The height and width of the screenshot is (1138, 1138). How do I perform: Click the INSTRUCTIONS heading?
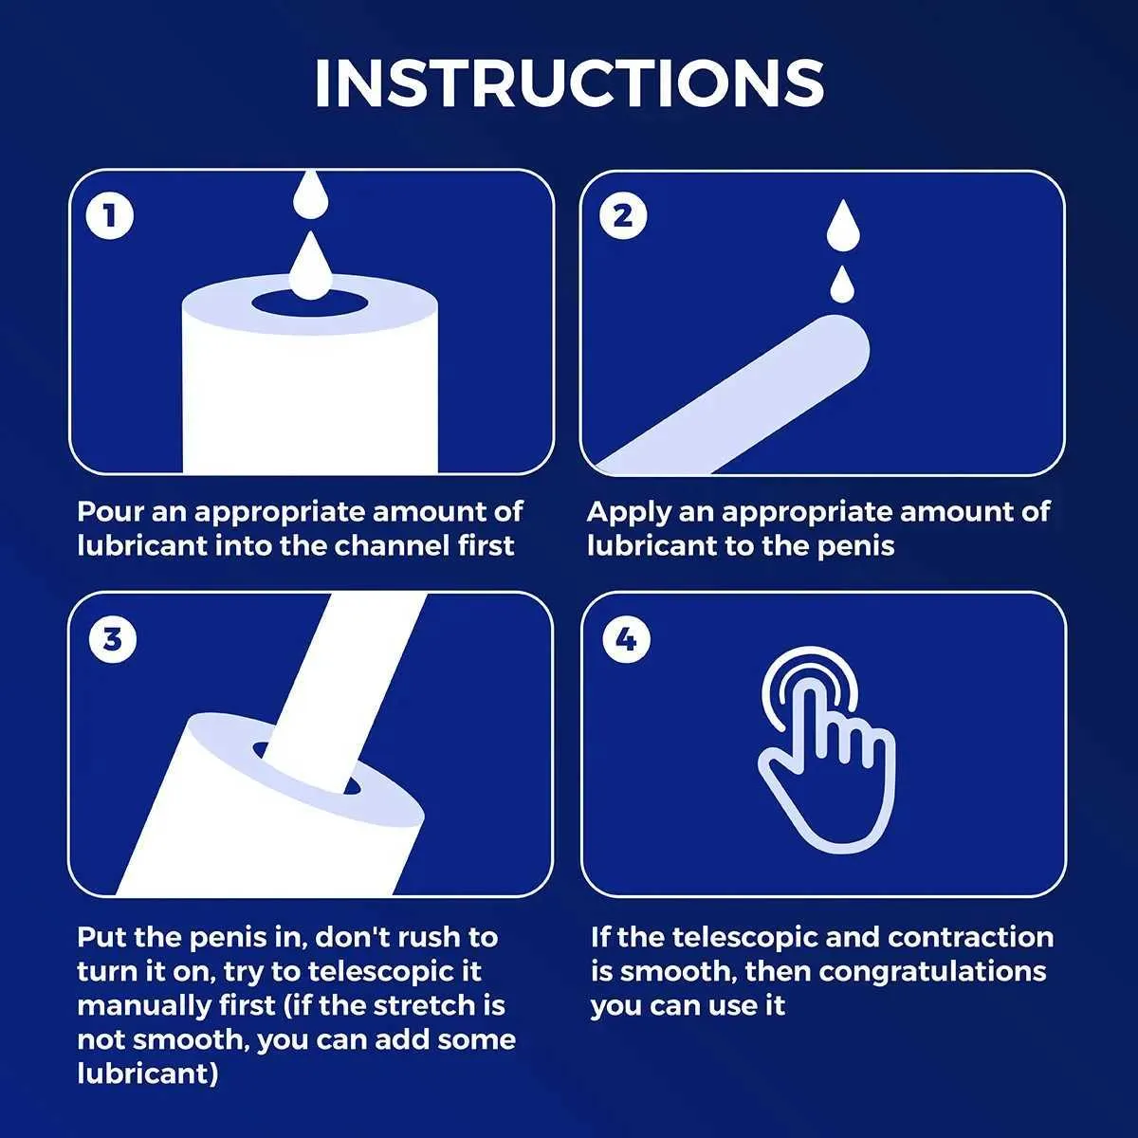click(x=569, y=83)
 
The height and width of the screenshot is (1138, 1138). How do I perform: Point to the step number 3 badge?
click(x=112, y=640)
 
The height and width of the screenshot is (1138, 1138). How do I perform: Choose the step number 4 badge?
click(x=626, y=640)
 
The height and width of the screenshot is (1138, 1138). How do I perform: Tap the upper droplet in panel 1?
click(x=311, y=195)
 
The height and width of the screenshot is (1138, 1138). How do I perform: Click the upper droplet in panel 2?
click(x=843, y=226)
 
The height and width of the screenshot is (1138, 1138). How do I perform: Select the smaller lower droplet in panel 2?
click(x=841, y=285)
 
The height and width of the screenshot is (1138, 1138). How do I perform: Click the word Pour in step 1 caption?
click(x=109, y=511)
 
